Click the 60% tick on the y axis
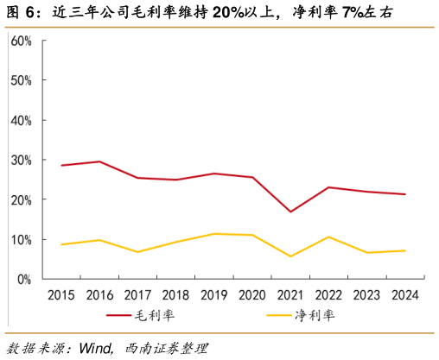[x=22, y=41]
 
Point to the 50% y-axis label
[x=22, y=80]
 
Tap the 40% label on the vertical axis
[x=22, y=120]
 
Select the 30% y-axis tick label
[x=22, y=160]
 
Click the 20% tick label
[x=22, y=199]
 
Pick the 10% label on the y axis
[x=22, y=239]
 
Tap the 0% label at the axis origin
[x=24, y=279]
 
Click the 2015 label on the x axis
[x=61, y=295]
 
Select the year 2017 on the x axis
[x=137, y=295]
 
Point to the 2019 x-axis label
[x=213, y=295]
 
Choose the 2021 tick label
[x=289, y=295]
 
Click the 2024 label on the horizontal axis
[x=404, y=295]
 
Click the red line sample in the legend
[x=118, y=316]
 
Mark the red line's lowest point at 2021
[x=290, y=212]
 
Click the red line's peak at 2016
[x=99, y=161]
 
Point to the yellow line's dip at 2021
[x=290, y=256]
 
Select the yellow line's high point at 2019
[x=214, y=234]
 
